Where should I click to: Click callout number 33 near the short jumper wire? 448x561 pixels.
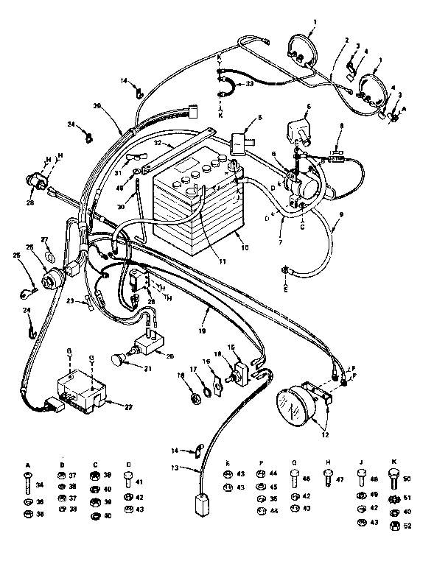pos(249,83)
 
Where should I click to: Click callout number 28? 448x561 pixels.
pos(30,202)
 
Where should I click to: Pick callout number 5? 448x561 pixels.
pos(259,117)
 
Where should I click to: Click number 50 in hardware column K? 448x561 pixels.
pos(407,478)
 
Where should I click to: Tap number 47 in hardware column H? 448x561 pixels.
pos(340,479)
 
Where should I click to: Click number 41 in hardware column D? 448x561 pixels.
pos(141,482)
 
